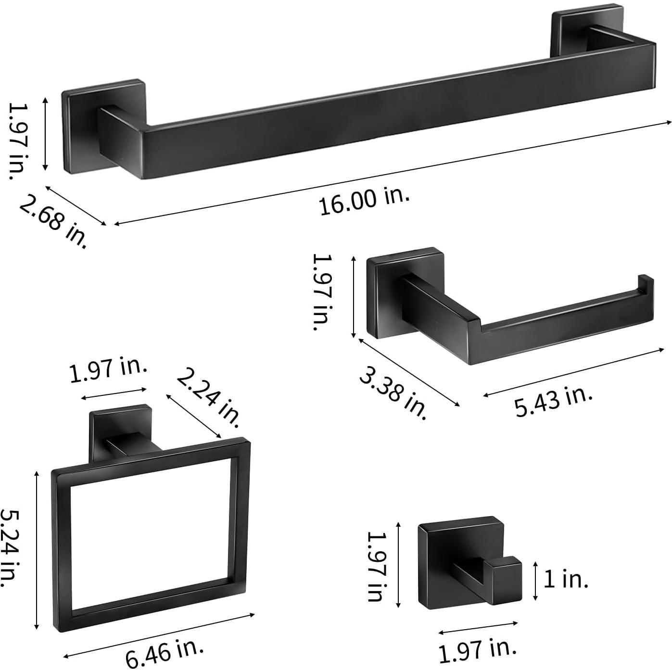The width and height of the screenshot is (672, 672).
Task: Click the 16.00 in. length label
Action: click(364, 201)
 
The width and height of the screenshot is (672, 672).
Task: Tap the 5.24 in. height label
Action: click(10, 548)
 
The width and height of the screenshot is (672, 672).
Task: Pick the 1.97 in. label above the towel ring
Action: click(108, 370)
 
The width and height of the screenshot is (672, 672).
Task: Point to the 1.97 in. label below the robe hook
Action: click(477, 649)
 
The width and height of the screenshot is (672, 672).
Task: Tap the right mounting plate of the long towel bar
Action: click(568, 29)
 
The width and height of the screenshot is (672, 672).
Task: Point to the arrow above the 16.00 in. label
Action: click(392, 173)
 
